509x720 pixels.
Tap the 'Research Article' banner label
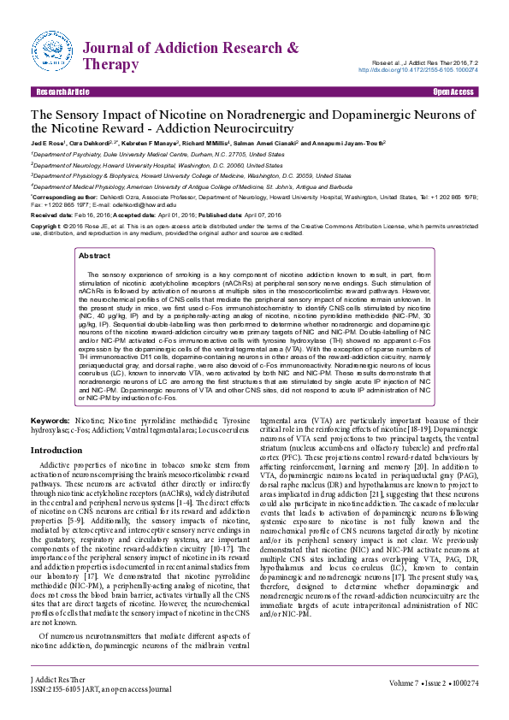tap(60, 91)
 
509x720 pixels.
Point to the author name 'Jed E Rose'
tap(46, 145)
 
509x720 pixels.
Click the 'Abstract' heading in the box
tap(94, 256)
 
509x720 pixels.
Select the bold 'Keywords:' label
tap(50, 422)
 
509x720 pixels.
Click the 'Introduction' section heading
tap(56, 450)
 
